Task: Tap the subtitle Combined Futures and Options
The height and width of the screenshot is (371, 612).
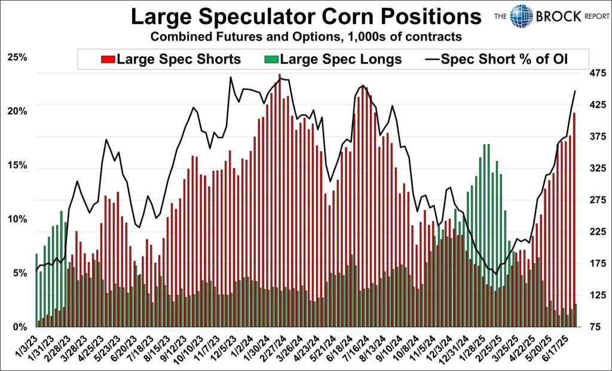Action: pos(305,37)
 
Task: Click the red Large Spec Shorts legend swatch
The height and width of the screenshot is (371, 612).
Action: pos(108,59)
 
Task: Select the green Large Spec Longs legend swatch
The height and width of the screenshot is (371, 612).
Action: pos(271,59)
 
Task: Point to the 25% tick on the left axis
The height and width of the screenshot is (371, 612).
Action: pos(16,57)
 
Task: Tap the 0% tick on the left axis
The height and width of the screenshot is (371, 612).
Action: pos(19,327)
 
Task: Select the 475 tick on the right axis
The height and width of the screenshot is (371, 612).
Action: pos(594,73)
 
